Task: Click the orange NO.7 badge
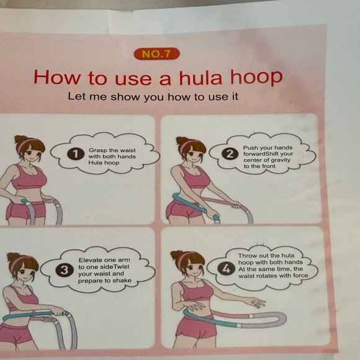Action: click(156, 54)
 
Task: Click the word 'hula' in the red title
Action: click(196, 77)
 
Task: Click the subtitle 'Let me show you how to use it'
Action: click(153, 97)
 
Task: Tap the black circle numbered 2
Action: click(231, 154)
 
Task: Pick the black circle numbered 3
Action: click(65, 270)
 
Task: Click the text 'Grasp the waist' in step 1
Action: click(112, 150)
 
